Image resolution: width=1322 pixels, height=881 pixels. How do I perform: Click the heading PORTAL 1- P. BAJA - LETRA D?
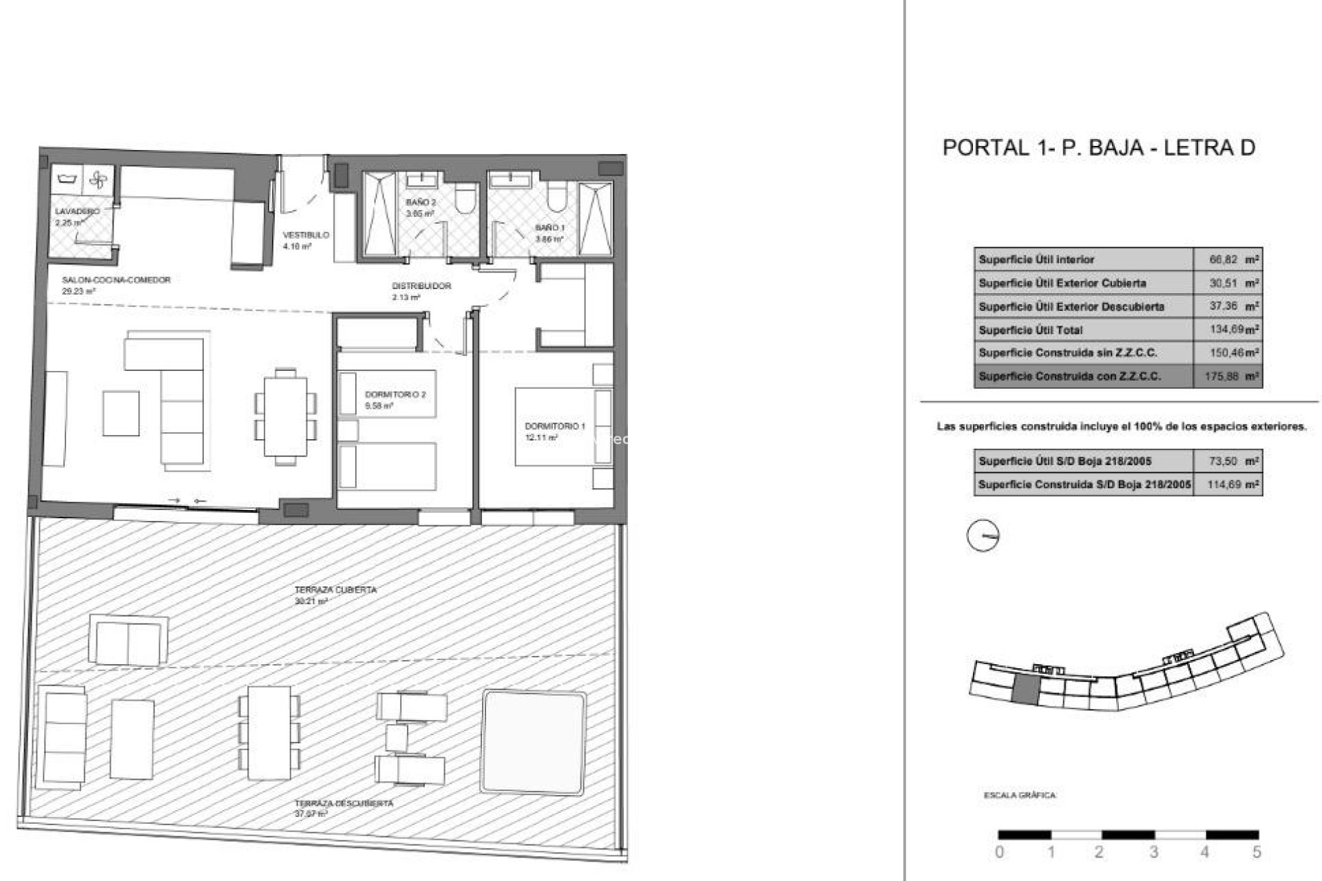1098,148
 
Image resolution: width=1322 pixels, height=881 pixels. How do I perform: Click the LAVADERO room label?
77,211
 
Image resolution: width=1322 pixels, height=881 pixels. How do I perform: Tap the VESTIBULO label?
306,235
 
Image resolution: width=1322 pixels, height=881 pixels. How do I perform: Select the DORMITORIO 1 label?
554,427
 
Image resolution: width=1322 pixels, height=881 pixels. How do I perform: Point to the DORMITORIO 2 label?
395,395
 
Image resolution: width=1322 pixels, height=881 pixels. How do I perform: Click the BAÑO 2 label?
421,203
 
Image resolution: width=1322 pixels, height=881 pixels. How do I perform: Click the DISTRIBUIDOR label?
421,286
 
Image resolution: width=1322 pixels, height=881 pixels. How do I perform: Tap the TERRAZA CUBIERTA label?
335,591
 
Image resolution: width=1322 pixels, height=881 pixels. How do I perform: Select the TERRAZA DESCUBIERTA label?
344,803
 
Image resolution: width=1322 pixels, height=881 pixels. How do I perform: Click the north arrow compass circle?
983,535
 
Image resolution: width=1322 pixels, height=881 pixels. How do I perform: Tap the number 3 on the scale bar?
1153,852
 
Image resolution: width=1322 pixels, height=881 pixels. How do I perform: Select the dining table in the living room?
286,416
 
